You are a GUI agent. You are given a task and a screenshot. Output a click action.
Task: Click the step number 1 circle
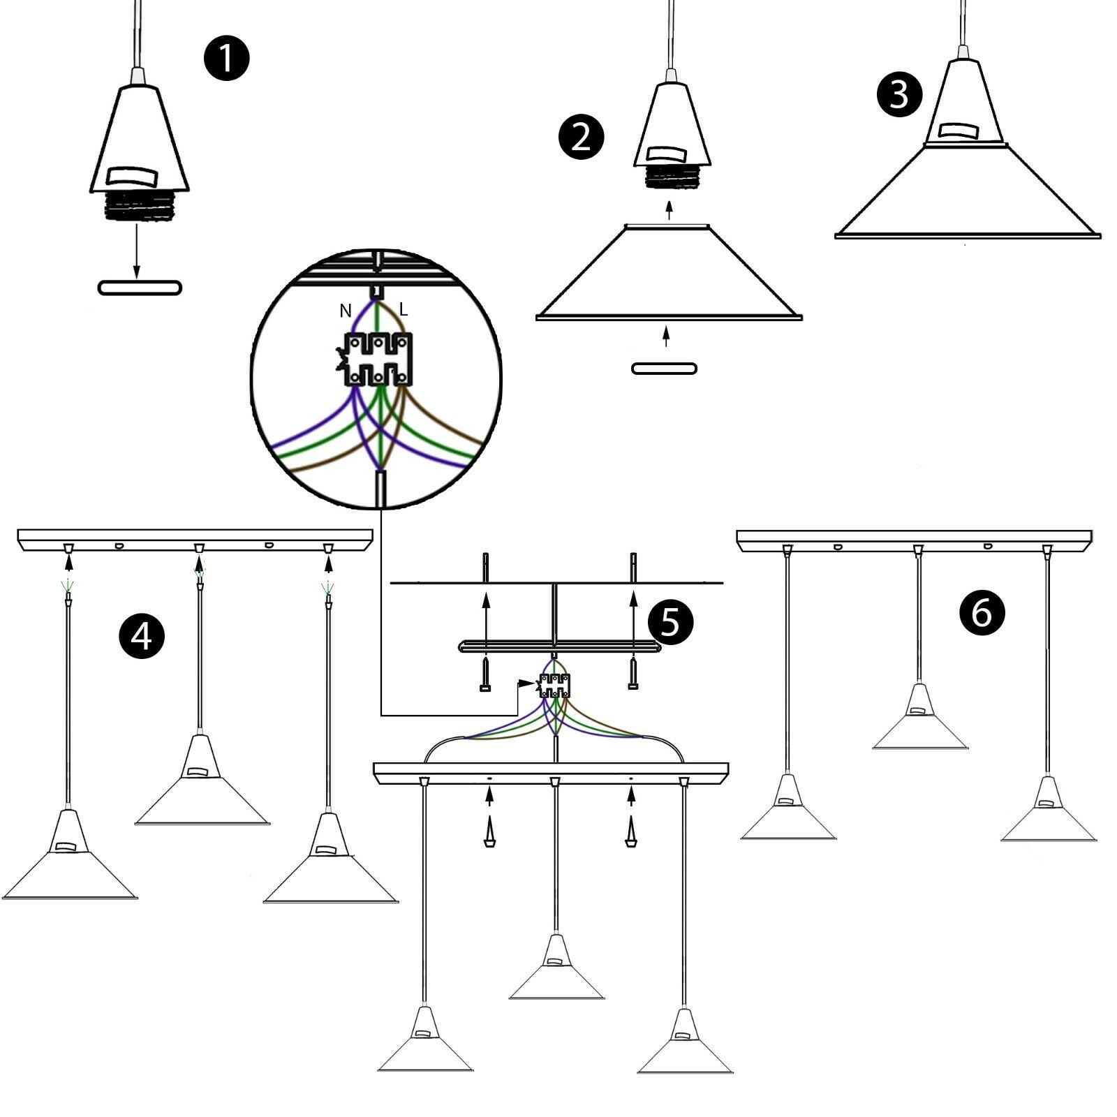click(226, 58)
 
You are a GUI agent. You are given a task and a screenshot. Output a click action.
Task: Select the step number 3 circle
click(899, 94)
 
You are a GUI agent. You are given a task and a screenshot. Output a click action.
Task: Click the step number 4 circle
click(142, 636)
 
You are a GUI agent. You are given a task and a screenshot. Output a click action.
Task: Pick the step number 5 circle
click(670, 621)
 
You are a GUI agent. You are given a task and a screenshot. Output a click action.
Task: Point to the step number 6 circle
click(982, 612)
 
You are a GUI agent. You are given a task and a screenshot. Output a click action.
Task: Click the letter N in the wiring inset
click(345, 311)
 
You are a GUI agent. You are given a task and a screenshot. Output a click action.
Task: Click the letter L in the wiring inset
click(404, 309)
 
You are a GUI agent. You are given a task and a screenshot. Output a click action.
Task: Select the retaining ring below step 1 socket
click(140, 287)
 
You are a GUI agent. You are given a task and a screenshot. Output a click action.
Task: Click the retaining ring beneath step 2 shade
click(664, 369)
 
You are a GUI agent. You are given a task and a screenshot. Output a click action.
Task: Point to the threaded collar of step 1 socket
click(140, 205)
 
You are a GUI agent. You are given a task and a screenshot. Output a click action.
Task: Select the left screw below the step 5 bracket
click(485, 674)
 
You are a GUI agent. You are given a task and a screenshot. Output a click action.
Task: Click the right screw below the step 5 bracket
click(633, 674)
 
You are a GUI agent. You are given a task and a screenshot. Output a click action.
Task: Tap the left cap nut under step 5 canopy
click(489, 835)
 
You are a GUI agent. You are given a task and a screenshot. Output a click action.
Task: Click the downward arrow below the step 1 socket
click(137, 251)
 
